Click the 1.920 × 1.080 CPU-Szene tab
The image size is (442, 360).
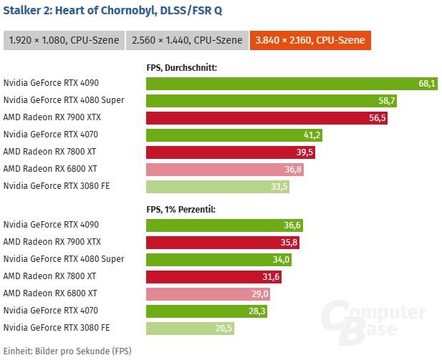pos(63,40)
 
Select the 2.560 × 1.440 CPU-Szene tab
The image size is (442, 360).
pos(186,40)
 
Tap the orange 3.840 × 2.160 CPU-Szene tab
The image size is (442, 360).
pos(311,40)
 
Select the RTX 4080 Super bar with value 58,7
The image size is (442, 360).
pos(272,101)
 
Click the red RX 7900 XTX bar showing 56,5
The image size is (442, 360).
pos(266,118)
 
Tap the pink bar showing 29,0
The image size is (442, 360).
pos(208,293)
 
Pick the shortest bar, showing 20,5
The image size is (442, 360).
pos(190,328)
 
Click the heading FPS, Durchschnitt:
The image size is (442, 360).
pos(181,68)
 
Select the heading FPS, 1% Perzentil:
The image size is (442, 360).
pos(181,209)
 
